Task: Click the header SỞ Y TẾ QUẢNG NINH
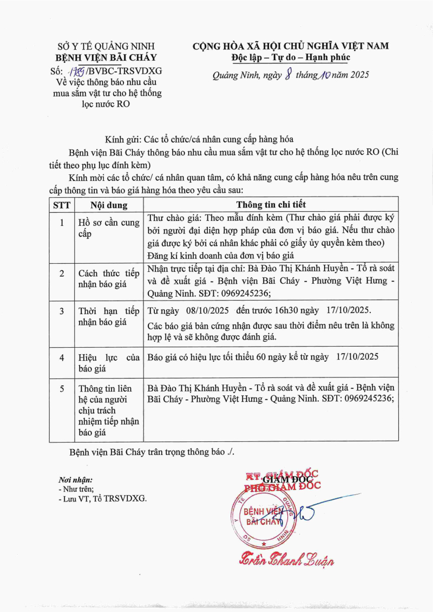point(107,46)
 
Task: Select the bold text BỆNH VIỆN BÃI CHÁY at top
point(107,57)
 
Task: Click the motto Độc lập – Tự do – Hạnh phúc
point(288,57)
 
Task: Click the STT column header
point(61,205)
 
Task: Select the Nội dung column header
point(108,205)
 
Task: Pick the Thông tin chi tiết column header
point(271,205)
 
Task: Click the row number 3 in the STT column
point(62,311)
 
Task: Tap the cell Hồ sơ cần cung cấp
point(108,228)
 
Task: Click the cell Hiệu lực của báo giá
point(108,362)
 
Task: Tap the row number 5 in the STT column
point(62,388)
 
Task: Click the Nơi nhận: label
point(75,479)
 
